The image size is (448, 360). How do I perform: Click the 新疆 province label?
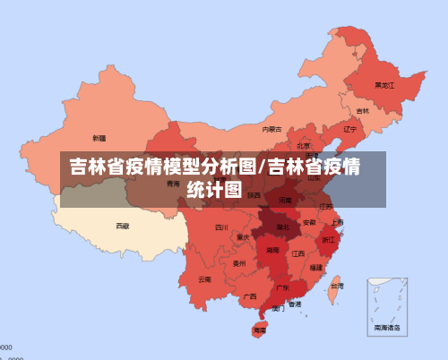[99, 138]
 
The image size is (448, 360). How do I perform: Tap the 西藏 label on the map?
[122, 226]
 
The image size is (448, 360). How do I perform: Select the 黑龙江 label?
[383, 85]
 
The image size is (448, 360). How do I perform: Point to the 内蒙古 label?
[271, 129]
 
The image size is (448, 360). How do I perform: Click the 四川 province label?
[221, 227]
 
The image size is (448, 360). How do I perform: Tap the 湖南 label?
[272, 252]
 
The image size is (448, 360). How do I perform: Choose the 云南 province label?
[204, 279]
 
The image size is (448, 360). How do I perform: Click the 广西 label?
[250, 296]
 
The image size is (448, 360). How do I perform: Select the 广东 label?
[282, 287]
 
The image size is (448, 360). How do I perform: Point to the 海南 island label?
[259, 330]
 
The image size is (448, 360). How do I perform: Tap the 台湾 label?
[335, 287]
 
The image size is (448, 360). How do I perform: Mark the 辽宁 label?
[350, 128]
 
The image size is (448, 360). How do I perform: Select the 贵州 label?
[239, 263]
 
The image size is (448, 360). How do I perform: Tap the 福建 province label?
[316, 267]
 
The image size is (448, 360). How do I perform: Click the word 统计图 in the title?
[214, 189]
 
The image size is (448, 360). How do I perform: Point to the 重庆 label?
[243, 237]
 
